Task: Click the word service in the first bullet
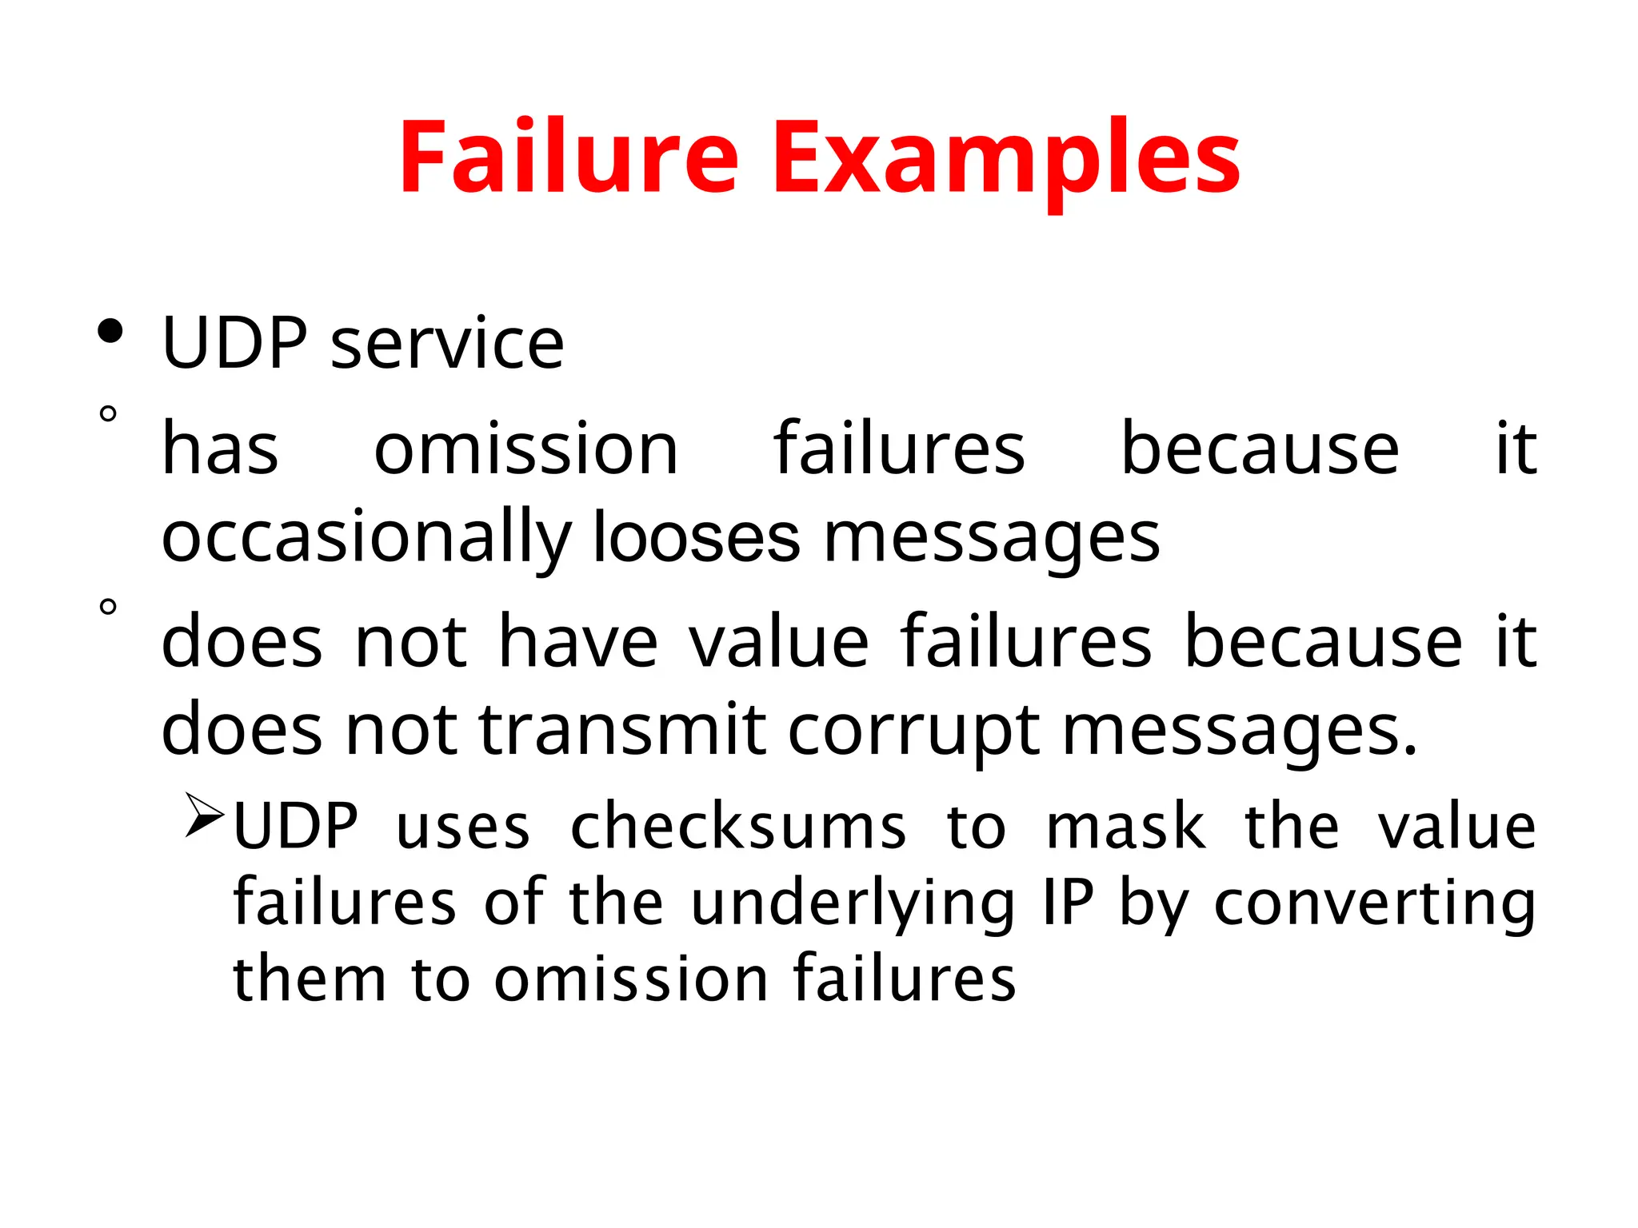(447, 344)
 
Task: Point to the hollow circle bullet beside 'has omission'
(108, 414)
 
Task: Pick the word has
(220, 449)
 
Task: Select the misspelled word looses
(696, 536)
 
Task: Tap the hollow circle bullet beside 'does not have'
(108, 607)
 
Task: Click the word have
(578, 641)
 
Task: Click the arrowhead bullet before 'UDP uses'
(204, 815)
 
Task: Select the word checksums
(738, 827)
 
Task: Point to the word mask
(1125, 827)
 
